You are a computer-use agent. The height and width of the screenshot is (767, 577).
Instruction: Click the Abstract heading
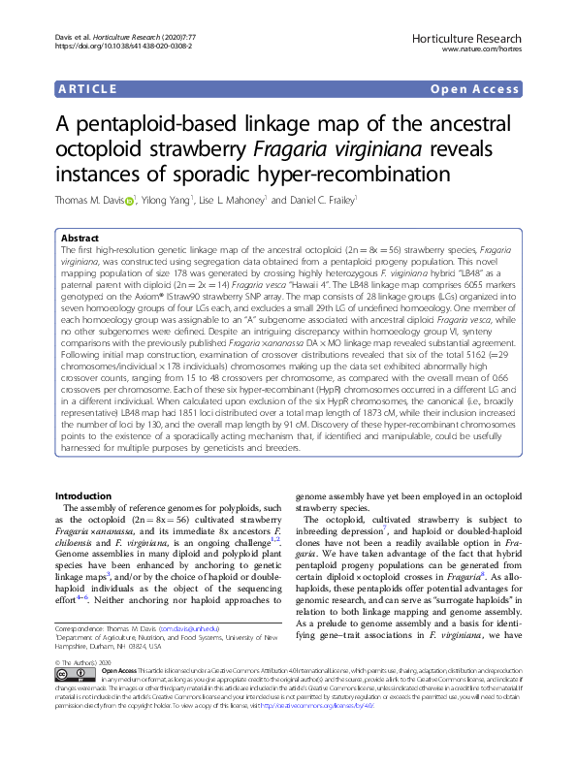pyautogui.click(x=80, y=238)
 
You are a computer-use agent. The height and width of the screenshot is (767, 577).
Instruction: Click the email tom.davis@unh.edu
pyautogui.click(x=189, y=629)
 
